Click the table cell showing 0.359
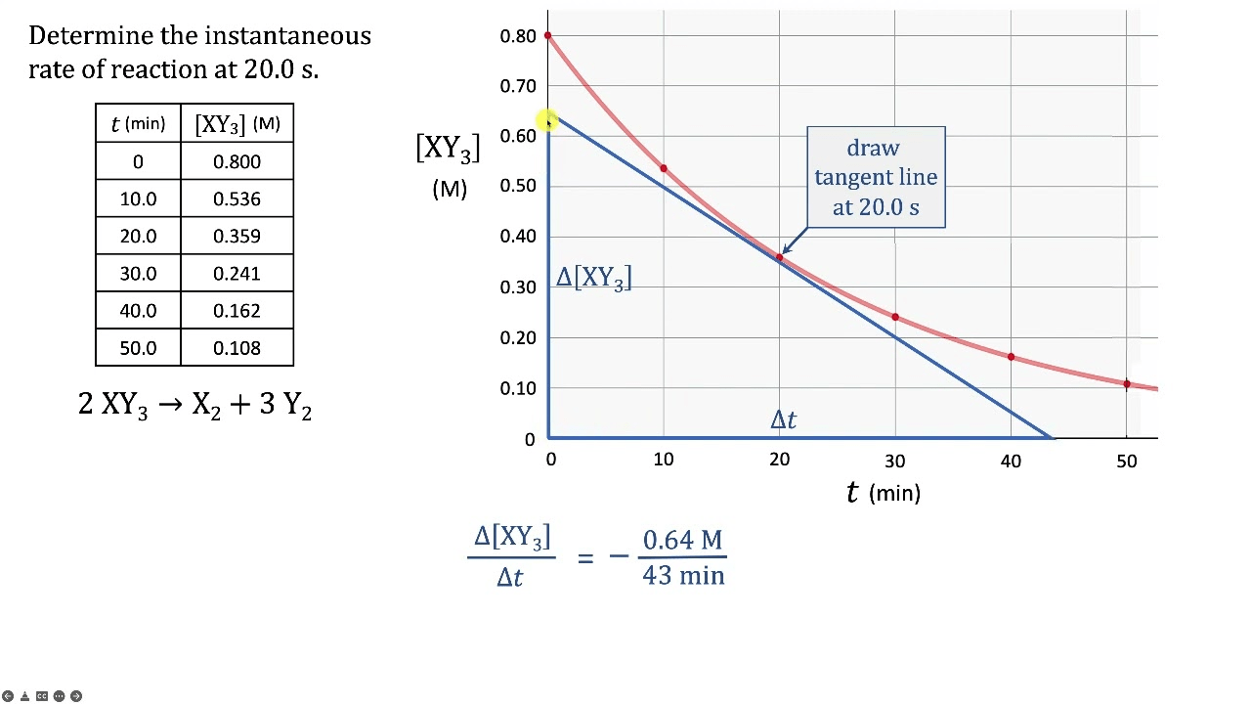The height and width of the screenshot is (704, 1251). (x=237, y=236)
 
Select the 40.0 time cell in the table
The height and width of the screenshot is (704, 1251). (x=138, y=311)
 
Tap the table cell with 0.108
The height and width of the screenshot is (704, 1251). (x=237, y=348)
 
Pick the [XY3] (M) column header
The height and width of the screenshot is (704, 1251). (x=237, y=124)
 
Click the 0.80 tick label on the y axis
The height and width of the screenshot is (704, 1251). (x=518, y=36)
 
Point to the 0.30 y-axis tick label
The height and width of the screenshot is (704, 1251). (x=518, y=287)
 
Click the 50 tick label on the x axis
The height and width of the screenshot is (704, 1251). (x=1127, y=461)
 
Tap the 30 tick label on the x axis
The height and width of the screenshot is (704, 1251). (x=895, y=461)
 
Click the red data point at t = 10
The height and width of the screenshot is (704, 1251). (x=664, y=169)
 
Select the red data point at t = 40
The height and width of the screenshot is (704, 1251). (x=1011, y=357)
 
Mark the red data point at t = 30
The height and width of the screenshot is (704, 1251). (x=895, y=317)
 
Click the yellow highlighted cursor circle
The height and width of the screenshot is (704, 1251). (x=547, y=120)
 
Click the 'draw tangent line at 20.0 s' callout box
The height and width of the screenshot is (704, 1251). (x=876, y=177)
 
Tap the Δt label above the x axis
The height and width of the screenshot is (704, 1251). (x=783, y=419)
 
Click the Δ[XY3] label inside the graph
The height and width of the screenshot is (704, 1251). (x=593, y=278)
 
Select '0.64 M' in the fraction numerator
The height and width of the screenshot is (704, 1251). (x=682, y=540)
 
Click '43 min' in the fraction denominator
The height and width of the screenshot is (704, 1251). (x=683, y=575)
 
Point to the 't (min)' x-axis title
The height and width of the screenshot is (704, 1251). (x=883, y=493)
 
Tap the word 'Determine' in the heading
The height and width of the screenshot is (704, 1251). (x=92, y=35)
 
